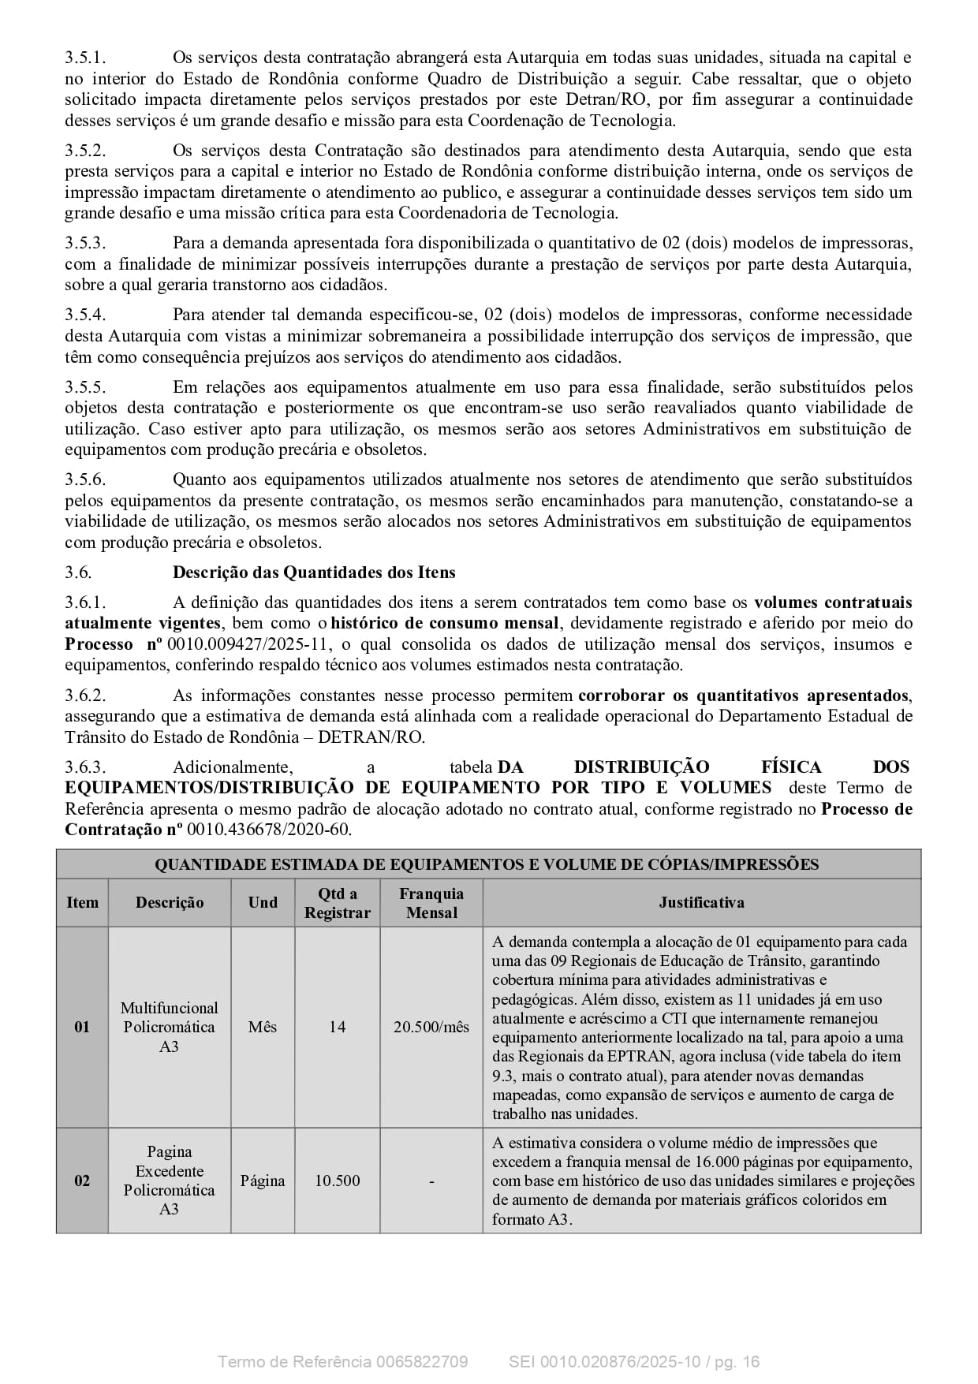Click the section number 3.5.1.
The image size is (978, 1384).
(85, 58)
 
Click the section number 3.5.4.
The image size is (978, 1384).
(85, 315)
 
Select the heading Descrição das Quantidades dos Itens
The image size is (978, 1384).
(314, 573)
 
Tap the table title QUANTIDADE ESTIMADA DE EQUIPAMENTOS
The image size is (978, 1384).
(487, 864)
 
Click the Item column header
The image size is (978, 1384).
(82, 903)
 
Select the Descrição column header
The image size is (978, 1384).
(170, 903)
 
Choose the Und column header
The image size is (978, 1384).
(263, 903)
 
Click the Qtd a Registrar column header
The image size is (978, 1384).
(338, 903)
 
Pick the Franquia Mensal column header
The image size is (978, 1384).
(431, 903)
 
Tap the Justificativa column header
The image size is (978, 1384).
(701, 903)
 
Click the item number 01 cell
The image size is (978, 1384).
(82, 1027)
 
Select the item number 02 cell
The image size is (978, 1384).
(82, 1181)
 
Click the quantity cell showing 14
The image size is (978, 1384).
(338, 1027)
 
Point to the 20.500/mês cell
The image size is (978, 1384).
(431, 1027)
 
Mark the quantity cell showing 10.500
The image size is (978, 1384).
(338, 1181)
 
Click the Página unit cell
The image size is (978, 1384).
(263, 1181)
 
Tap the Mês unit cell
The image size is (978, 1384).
(263, 1027)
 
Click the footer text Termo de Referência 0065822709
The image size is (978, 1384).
(342, 1362)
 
